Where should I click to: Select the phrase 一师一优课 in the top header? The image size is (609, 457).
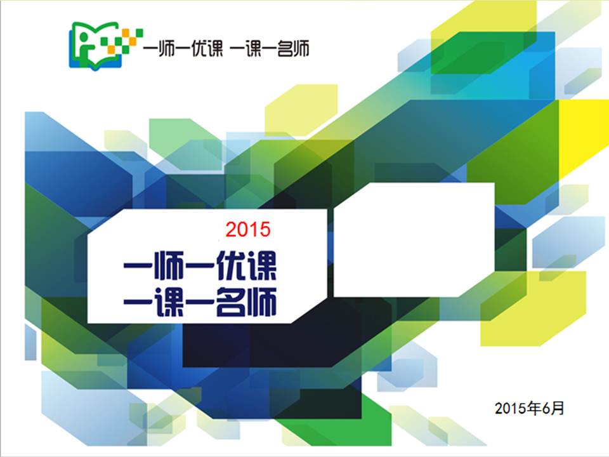pyautogui.click(x=183, y=50)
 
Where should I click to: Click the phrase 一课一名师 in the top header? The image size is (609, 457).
pyautogui.click(x=270, y=50)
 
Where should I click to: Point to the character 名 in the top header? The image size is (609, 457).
pyautogui.click(x=285, y=50)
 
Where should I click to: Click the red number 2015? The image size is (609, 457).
pyautogui.click(x=248, y=229)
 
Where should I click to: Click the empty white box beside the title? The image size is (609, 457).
pyautogui.click(x=414, y=240)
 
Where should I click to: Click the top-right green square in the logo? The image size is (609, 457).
pyautogui.click(x=139, y=33)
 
